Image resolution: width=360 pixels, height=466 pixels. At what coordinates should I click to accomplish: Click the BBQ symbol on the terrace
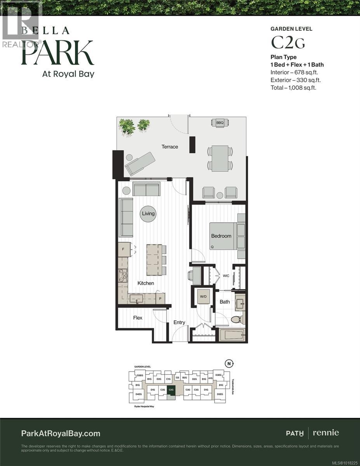[x=220, y=123]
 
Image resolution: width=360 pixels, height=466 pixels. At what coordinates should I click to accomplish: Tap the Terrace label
[x=170, y=147]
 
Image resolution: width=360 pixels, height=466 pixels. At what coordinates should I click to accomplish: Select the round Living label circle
[x=148, y=214]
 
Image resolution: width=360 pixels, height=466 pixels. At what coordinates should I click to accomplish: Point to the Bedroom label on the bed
[x=221, y=236]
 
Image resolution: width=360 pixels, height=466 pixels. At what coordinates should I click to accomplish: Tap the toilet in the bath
[x=237, y=319]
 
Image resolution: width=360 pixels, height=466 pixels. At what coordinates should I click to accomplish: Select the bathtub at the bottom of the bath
[x=231, y=334]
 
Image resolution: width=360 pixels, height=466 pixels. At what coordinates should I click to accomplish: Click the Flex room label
[x=138, y=318]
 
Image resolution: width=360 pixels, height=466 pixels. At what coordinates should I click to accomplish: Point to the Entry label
[x=179, y=322]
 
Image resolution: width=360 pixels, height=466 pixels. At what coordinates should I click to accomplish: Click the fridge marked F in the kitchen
[x=123, y=249]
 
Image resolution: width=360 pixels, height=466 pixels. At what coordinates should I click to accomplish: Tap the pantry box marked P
[x=160, y=298]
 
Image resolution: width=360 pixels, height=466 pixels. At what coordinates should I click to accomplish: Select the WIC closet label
[x=226, y=276]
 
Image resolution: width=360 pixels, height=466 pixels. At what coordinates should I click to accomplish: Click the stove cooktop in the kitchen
[x=123, y=276]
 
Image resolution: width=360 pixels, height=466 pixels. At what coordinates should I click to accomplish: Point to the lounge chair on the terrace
[x=140, y=163]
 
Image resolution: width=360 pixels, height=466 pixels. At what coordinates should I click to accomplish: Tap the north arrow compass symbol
[x=230, y=363]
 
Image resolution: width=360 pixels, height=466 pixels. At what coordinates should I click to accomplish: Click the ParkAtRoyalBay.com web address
[x=61, y=433]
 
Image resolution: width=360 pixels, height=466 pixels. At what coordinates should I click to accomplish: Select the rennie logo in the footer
[x=326, y=433]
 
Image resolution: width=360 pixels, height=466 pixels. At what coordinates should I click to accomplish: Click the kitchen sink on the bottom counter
[x=136, y=298]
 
